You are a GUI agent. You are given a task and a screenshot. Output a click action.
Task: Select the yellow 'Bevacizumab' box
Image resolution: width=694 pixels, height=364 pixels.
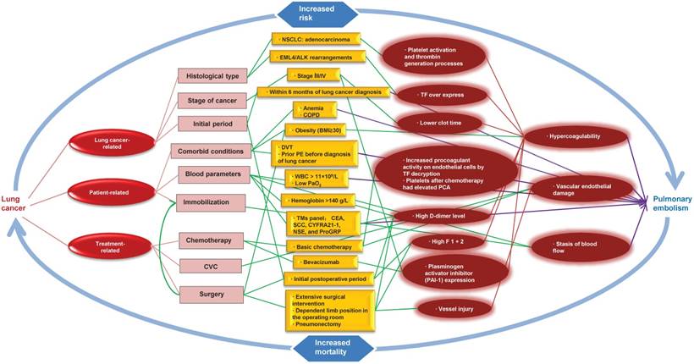(x=314, y=262)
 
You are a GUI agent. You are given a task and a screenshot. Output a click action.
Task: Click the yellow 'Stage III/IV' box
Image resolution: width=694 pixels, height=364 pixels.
(x=313, y=75)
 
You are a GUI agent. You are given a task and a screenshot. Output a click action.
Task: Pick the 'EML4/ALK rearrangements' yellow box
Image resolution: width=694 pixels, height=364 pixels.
(x=321, y=57)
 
